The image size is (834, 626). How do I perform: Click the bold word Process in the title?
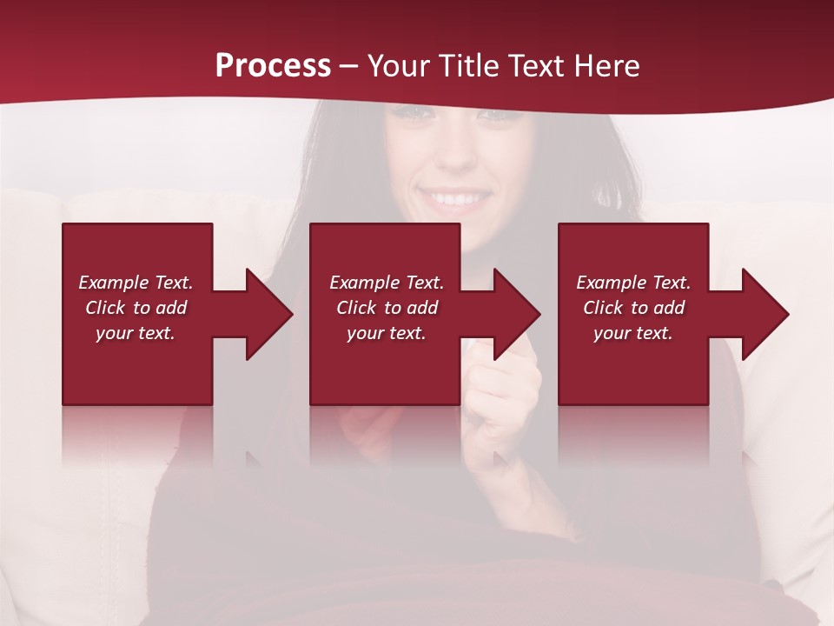pyautogui.click(x=273, y=66)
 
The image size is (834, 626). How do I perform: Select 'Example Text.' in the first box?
pyautogui.click(x=136, y=283)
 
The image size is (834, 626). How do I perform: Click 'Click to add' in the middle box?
pyautogui.click(x=387, y=308)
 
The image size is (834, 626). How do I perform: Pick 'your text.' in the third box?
pyautogui.click(x=632, y=333)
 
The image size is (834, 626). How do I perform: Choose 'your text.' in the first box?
pyautogui.click(x=136, y=333)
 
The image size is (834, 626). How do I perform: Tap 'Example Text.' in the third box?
pyautogui.click(x=633, y=283)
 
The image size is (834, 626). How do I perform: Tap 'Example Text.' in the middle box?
pyautogui.click(x=387, y=283)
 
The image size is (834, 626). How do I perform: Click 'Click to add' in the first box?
pyautogui.click(x=136, y=308)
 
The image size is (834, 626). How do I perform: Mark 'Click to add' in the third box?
pyautogui.click(x=633, y=308)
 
